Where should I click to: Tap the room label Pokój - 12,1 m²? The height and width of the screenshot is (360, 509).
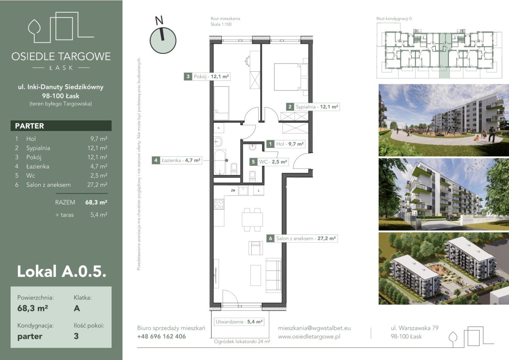(x=207, y=77)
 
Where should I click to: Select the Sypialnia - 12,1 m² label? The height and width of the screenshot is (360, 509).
(x=313, y=107)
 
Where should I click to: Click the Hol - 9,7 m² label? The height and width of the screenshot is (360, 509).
(x=285, y=144)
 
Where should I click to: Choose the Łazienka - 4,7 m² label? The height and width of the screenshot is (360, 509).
(x=177, y=160)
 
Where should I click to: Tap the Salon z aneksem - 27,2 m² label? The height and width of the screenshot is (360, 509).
(x=302, y=238)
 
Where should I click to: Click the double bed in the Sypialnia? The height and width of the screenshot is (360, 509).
(x=291, y=77)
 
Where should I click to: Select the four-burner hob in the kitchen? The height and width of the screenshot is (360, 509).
(x=219, y=204)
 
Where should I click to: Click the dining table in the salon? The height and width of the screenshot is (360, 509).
(x=252, y=219)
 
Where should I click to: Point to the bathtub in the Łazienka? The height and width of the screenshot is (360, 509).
(x=220, y=162)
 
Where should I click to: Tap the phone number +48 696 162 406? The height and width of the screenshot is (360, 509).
(x=162, y=336)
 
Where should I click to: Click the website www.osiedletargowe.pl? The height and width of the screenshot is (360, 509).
(x=309, y=337)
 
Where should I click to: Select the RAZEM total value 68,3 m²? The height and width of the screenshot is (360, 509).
(x=96, y=202)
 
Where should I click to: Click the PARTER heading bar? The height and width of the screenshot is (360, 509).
(x=61, y=126)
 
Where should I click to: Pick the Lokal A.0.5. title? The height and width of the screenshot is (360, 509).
(x=62, y=271)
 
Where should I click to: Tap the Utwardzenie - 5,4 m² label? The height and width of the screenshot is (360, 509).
(x=239, y=321)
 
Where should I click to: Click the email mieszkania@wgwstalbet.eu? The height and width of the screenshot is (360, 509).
(x=314, y=328)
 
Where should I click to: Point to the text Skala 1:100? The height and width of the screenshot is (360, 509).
(x=221, y=24)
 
